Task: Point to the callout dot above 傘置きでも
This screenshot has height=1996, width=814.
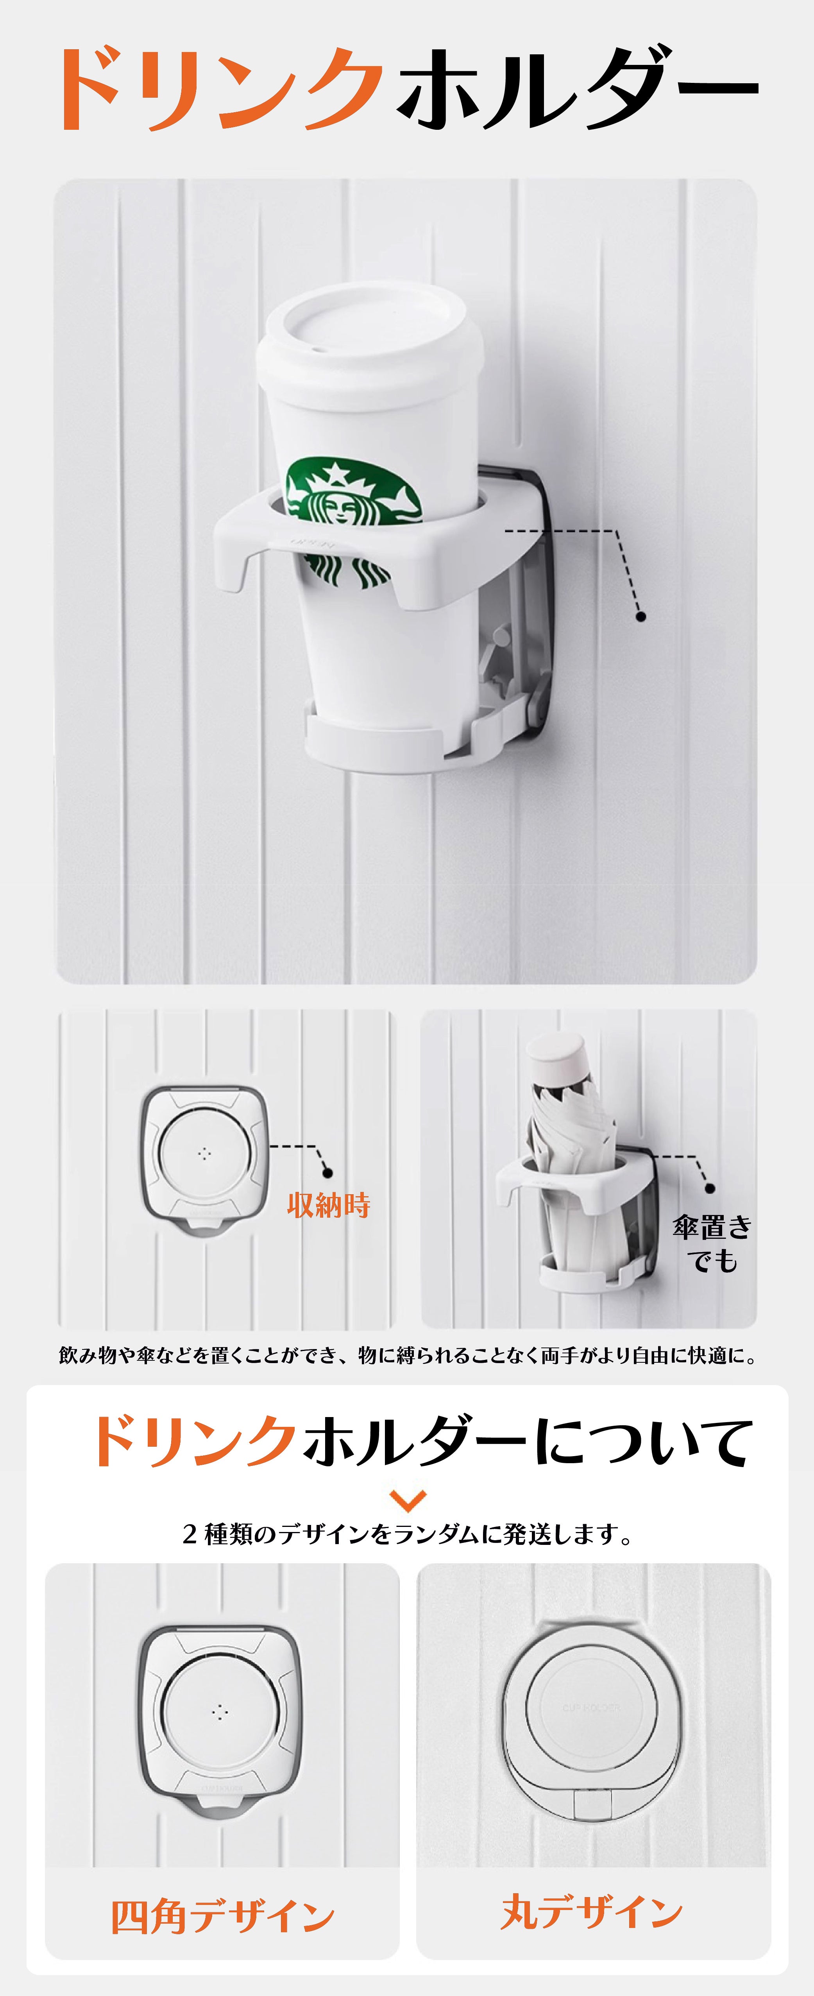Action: (709, 1188)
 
